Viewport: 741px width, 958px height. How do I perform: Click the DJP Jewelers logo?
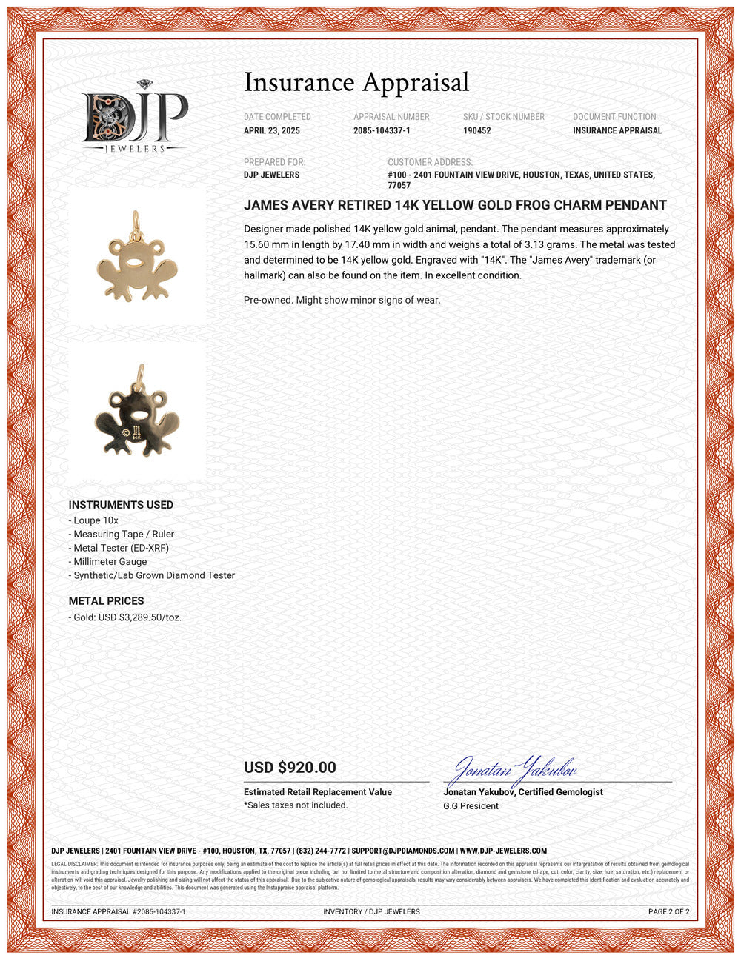point(134,117)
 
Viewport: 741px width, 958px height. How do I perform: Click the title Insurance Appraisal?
point(356,83)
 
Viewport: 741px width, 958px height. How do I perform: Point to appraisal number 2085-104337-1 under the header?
point(382,131)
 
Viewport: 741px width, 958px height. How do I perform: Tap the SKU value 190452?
point(477,131)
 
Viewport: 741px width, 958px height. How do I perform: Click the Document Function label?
point(614,117)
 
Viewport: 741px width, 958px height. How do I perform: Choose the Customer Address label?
point(430,162)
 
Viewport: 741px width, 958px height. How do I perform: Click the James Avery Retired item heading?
point(455,205)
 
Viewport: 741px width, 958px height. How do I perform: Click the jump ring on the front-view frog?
point(136,221)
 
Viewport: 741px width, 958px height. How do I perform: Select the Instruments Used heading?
point(121,505)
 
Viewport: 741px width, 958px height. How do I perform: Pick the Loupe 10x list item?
point(96,520)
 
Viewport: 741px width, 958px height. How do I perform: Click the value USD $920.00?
point(290,768)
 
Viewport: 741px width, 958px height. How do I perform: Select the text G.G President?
point(471,805)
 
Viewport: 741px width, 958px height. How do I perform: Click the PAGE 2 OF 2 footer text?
point(668,911)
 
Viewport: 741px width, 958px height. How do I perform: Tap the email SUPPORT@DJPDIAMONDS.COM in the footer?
point(403,851)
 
